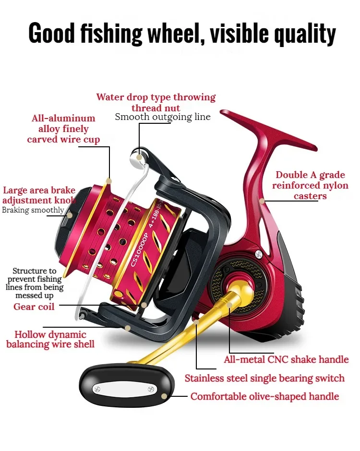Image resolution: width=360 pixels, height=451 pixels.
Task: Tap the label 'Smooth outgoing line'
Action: [163, 117]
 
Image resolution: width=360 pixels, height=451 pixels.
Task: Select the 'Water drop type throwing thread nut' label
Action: [156, 102]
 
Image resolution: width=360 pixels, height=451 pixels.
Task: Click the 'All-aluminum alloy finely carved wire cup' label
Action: [63, 129]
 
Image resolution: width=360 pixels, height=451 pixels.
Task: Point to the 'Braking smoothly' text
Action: [33, 210]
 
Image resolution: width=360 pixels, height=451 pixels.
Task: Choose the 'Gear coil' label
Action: [34, 306]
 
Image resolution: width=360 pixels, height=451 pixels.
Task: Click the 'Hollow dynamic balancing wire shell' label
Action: [50, 339]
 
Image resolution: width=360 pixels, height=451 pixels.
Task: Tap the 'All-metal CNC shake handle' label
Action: [286, 359]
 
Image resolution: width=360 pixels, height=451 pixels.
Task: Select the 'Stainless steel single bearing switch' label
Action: [264, 378]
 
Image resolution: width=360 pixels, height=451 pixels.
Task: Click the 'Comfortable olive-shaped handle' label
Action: [264, 396]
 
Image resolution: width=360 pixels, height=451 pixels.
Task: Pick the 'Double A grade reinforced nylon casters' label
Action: [310, 185]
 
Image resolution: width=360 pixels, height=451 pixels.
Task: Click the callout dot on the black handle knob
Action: [165, 396]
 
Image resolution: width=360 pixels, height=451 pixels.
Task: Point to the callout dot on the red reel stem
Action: [262, 201]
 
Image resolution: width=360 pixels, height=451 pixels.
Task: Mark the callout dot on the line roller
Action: [139, 157]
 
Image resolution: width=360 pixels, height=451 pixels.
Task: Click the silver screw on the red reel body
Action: [259, 254]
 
